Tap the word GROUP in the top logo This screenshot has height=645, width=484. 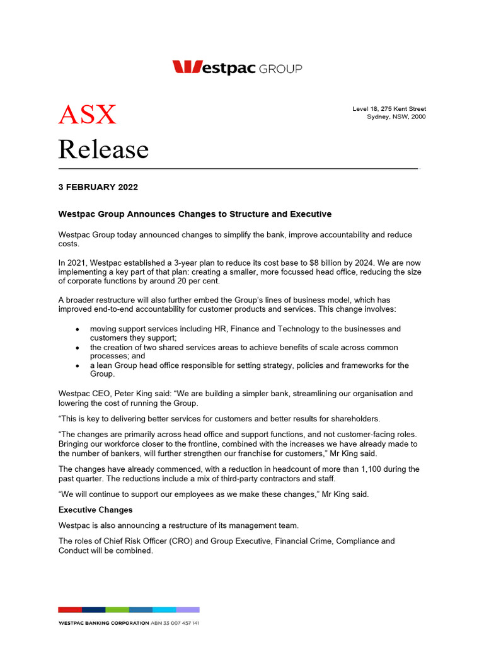pos(280,69)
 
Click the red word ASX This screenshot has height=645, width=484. pos(88,115)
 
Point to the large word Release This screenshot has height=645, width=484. pos(103,150)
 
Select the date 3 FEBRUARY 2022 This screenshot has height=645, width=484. pos(98,187)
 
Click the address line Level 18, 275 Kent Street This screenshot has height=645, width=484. pos(389,109)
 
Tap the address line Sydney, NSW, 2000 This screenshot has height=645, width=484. pos(396,117)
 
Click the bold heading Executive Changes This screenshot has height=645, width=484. pos(96,510)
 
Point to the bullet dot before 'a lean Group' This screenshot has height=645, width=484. pos(77,365)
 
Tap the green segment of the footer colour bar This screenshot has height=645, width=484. pos(117,610)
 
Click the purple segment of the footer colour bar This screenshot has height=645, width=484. pos(188,610)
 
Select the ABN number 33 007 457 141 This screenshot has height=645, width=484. pos(180,623)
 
